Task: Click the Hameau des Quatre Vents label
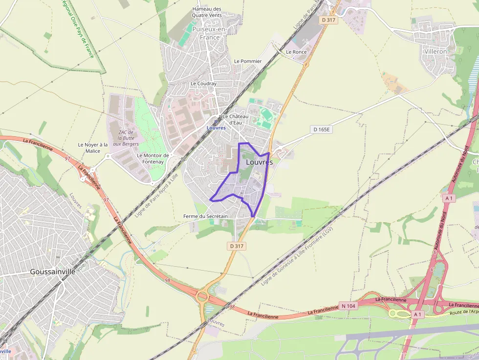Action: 207,12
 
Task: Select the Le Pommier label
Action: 248,61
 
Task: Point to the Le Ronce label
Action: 296,51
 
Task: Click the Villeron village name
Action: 435,51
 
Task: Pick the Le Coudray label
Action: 203,84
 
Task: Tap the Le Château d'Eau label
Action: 236,119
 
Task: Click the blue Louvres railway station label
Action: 216,127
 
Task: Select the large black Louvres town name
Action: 259,162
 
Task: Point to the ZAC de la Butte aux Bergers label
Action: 126,137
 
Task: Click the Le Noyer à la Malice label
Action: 93,148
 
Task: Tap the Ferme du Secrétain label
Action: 205,216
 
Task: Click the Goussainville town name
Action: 53,272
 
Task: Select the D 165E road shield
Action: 321,129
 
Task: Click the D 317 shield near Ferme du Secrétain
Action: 237,246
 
